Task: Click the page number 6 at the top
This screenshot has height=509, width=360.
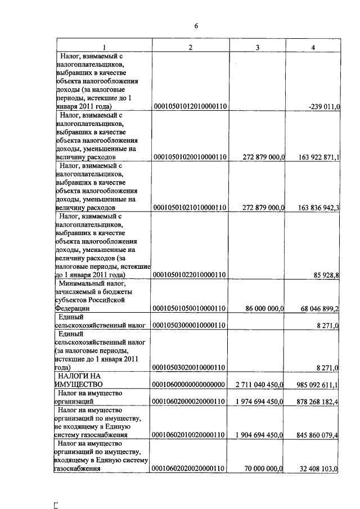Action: coord(196,26)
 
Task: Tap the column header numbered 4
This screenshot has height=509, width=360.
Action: coord(313,47)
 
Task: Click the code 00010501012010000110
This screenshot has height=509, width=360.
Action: coord(190,106)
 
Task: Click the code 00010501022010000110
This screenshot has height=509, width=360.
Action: coord(190,274)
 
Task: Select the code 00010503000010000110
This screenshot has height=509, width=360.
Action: coord(190,325)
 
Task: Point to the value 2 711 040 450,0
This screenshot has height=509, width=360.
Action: coord(259,384)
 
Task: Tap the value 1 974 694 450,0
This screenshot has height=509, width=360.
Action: coord(259,402)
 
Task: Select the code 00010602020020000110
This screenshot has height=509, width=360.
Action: coord(190,469)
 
